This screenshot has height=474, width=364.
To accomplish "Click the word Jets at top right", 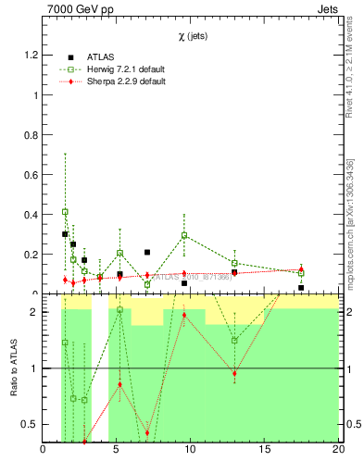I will (323, 9).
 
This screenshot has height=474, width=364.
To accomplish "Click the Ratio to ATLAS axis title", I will (14, 368).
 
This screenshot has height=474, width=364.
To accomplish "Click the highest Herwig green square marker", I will (65, 212).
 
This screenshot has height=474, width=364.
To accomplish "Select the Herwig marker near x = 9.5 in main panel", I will (184, 235).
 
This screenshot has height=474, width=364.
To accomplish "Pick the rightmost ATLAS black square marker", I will (301, 288).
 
